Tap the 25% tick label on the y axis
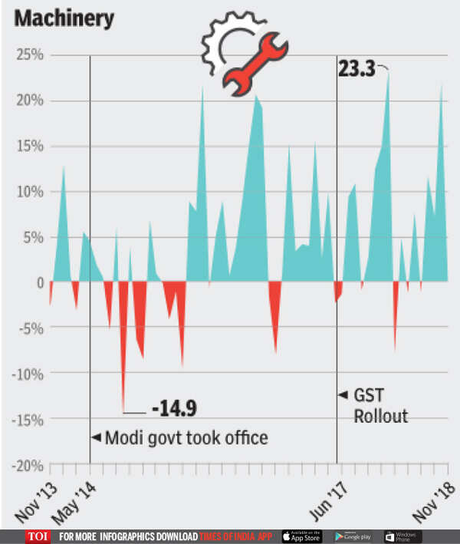click(28, 55)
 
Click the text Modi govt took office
click(186, 438)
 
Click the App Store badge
click(302, 536)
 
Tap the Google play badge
click(352, 536)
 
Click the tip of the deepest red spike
click(123, 412)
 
